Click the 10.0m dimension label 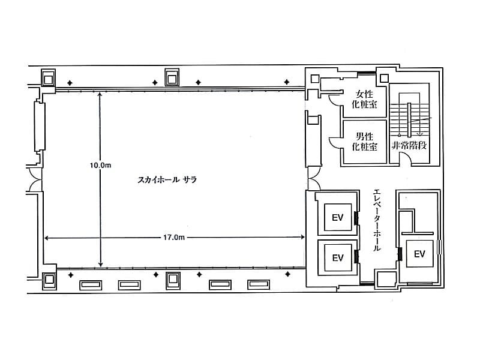tap(100, 166)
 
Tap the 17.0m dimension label tap(173, 237)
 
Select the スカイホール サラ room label tap(167, 179)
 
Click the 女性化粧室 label tap(364, 99)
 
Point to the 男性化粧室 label tap(364, 141)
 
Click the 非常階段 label tap(409, 145)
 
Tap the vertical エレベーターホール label tap(377, 220)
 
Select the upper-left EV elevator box tap(338, 217)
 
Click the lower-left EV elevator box tap(338, 258)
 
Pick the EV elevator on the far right tap(419, 254)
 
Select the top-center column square tap(172, 77)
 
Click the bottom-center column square tap(173, 280)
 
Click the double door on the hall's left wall tap(35, 179)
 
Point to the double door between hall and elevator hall tap(314, 178)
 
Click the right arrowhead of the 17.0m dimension tap(302, 237)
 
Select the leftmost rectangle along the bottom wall tap(91, 285)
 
